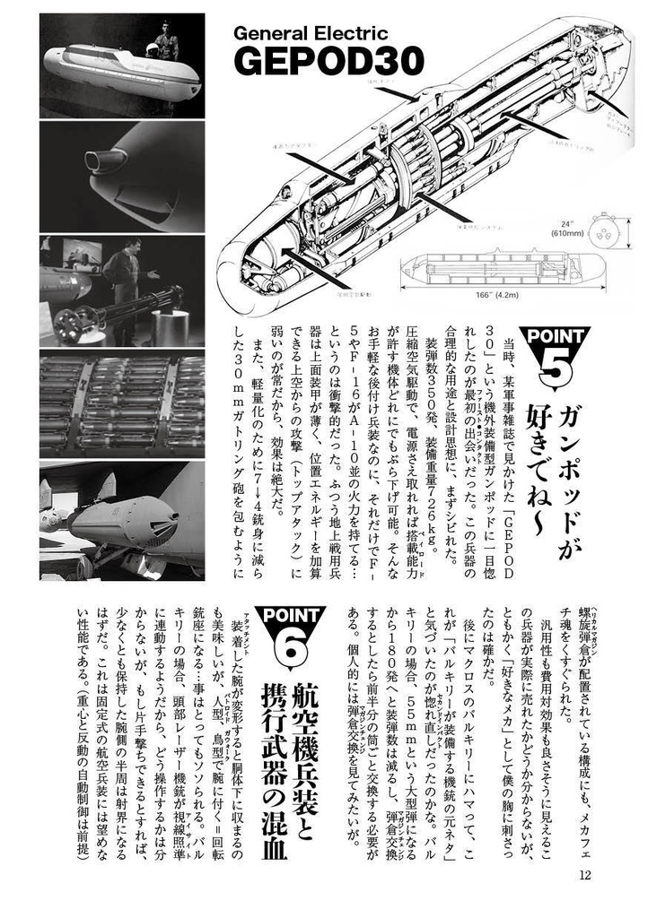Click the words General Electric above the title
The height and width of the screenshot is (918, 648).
pyautogui.click(x=311, y=34)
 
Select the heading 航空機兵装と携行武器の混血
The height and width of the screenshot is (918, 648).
pyautogui.click(x=285, y=771)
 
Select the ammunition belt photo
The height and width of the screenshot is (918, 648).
pyautogui.click(x=122, y=404)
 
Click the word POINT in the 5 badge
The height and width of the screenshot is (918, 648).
pyautogui.click(x=561, y=337)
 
